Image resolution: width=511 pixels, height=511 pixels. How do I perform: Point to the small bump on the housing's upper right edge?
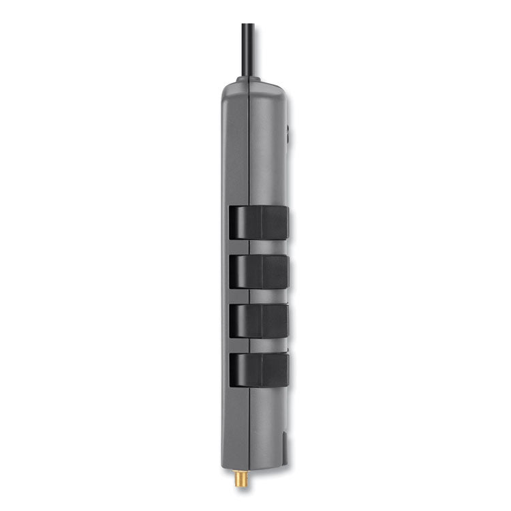pos(287,129)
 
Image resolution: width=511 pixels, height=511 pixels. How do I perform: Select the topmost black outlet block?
pos(258,223)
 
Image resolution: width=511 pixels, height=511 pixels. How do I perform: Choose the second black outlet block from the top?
pos(258,271)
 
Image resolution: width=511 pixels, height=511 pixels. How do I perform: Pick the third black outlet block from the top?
pos(258,320)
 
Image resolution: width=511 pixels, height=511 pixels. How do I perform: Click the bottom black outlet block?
pos(258,370)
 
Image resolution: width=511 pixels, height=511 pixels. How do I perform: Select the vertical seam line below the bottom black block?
pos(250,422)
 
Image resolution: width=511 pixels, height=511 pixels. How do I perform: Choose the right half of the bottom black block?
pos(274,370)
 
